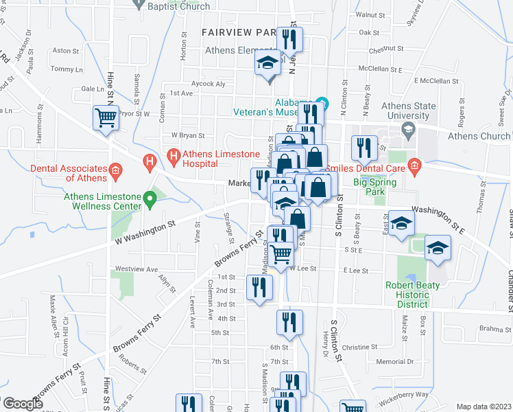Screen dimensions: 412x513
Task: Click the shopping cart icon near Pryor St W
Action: [x=105, y=117]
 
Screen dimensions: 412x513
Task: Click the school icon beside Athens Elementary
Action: [x=267, y=64]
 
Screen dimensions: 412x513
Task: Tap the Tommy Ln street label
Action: [x=67, y=69]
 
